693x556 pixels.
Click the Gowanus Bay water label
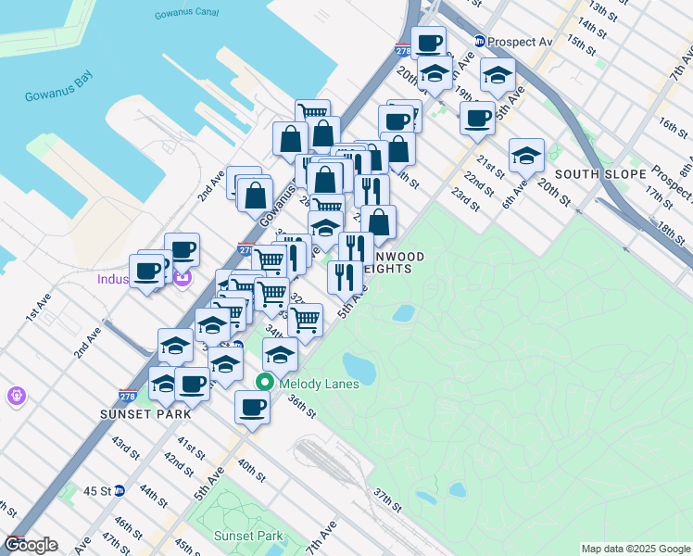coord(57,96)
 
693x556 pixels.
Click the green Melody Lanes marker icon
coord(265,381)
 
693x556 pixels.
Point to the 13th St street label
coord(602,11)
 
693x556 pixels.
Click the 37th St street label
coord(386,500)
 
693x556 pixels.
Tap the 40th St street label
coord(250,467)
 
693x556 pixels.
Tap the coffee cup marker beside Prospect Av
coord(428,43)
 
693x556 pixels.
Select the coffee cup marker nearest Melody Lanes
coord(251,406)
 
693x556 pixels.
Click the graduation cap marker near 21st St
coord(526,155)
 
